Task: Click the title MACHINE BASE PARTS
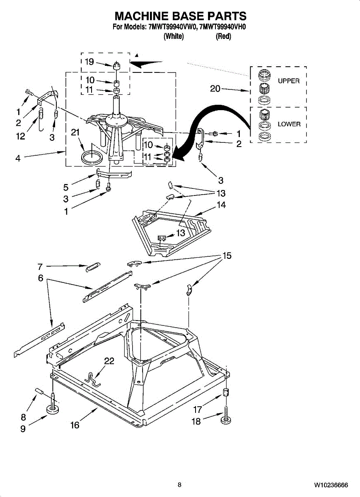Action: (x=180, y=16)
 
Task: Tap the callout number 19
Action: (x=89, y=62)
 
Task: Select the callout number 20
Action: (x=215, y=88)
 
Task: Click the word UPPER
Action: (x=288, y=81)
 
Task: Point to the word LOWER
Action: (x=289, y=124)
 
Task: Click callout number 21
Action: (x=75, y=133)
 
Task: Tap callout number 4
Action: (x=18, y=158)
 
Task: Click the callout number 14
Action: (x=221, y=205)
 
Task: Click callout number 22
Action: (x=109, y=361)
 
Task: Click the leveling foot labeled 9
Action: (x=53, y=410)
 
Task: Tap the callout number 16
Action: (x=75, y=425)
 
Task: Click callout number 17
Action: (x=198, y=410)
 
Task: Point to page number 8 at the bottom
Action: (x=179, y=485)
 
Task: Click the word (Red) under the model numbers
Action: (x=223, y=36)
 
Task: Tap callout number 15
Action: (x=227, y=256)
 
